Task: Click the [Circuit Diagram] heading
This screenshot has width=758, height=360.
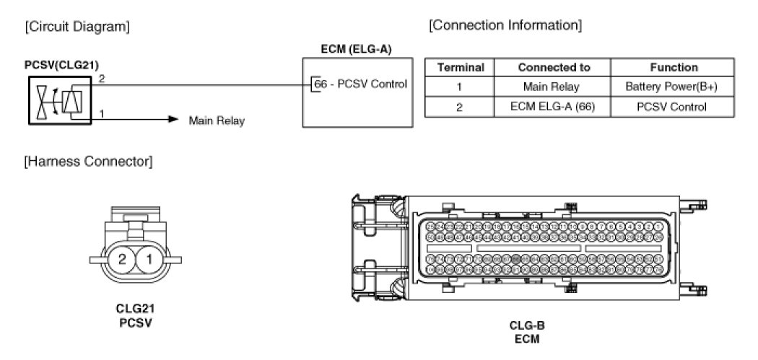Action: [77, 27]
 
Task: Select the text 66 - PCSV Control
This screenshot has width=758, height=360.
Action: [360, 84]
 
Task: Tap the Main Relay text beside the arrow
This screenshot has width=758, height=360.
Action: [217, 120]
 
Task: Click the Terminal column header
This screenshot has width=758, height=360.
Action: [461, 68]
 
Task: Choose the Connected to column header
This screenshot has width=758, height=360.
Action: [554, 68]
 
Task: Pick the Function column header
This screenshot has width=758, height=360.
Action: [674, 68]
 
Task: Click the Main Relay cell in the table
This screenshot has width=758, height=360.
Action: [554, 87]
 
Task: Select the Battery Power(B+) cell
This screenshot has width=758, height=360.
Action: [674, 87]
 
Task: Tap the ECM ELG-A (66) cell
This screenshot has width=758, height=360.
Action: [554, 107]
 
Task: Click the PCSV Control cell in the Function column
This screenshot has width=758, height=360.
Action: [674, 107]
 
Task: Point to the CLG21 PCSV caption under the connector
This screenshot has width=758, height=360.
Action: [136, 315]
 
